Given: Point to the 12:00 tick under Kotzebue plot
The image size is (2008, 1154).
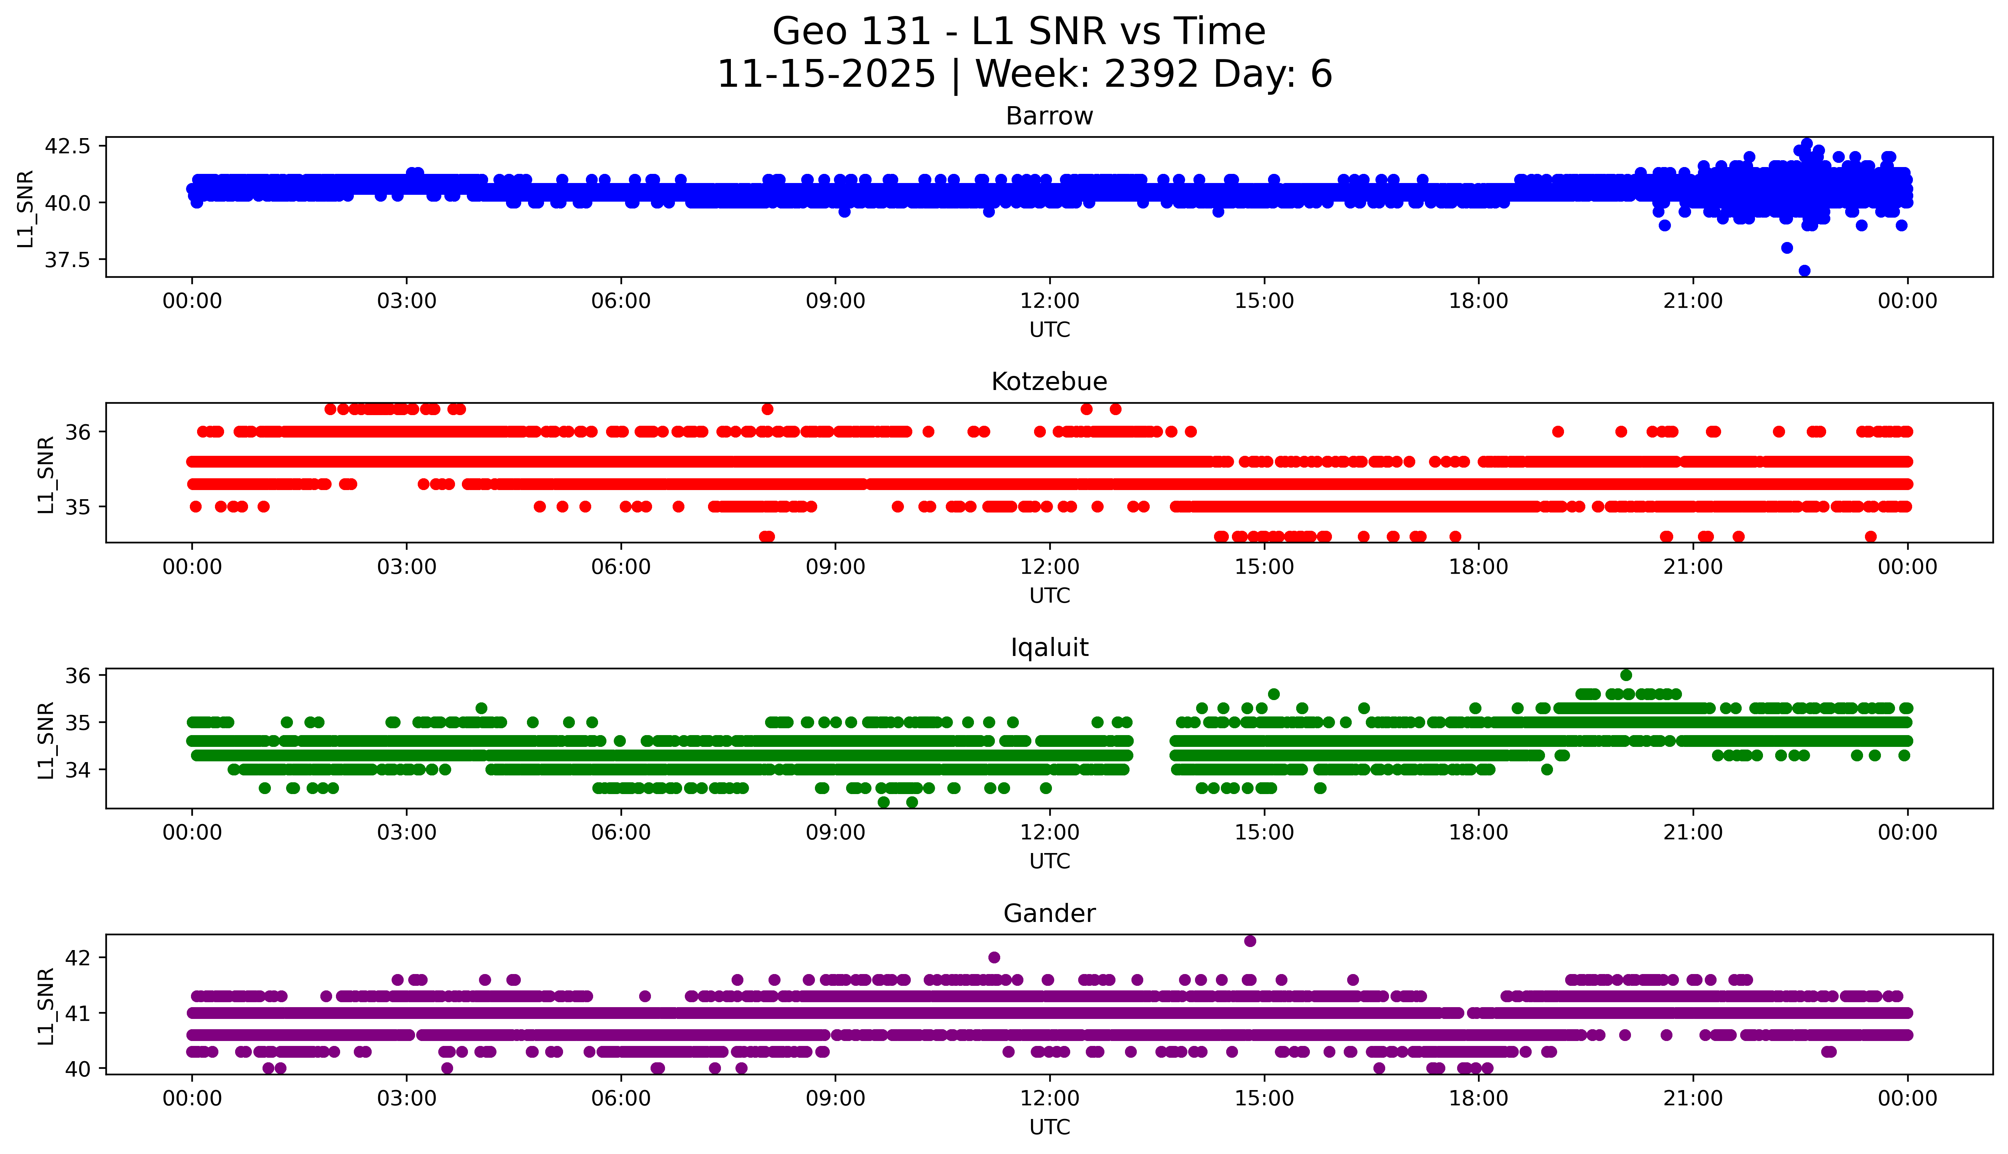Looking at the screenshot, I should [x=1049, y=567].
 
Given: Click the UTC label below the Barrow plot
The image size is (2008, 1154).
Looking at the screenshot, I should [x=1049, y=330].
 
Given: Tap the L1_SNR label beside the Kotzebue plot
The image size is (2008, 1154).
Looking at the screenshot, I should [x=46, y=474].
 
